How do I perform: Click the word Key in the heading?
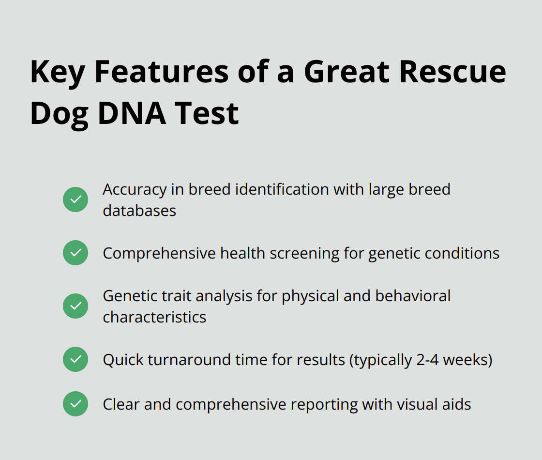tap(58, 72)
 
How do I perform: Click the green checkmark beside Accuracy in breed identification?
tap(75, 199)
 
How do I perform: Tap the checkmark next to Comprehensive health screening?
tap(75, 253)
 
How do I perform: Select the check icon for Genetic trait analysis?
tap(75, 306)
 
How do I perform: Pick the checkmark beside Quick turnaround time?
tap(75, 359)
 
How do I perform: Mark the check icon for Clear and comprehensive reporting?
tap(75, 404)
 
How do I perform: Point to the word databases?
tap(139, 211)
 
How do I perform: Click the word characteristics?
tap(154, 317)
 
